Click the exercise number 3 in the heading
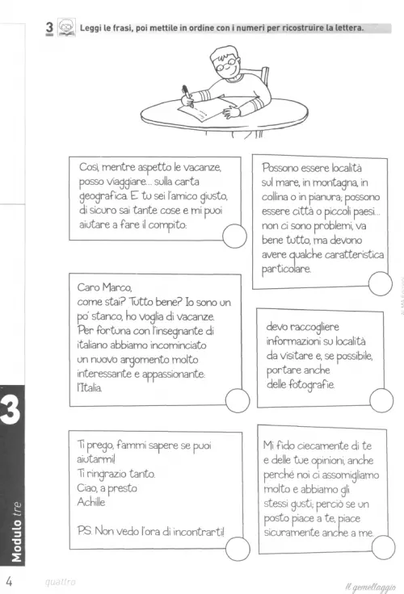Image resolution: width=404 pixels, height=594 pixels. click(49, 27)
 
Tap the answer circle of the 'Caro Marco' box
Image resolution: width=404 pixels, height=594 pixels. click(238, 400)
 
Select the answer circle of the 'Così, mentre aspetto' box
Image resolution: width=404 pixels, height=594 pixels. click(235, 236)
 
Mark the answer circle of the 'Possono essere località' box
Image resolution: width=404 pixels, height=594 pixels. click(380, 283)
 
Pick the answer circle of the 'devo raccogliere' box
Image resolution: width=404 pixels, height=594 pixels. click(381, 400)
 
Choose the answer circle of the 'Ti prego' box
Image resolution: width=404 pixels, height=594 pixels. click(238, 549)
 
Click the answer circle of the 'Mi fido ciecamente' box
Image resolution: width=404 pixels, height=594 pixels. click(383, 547)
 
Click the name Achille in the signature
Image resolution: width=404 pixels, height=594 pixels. click(91, 502)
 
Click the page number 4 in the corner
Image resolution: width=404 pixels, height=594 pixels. click(9, 581)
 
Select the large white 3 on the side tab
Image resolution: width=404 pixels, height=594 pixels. click(11, 411)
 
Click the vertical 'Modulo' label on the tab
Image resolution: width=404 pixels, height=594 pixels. click(17, 541)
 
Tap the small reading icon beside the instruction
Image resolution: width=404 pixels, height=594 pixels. click(67, 27)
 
